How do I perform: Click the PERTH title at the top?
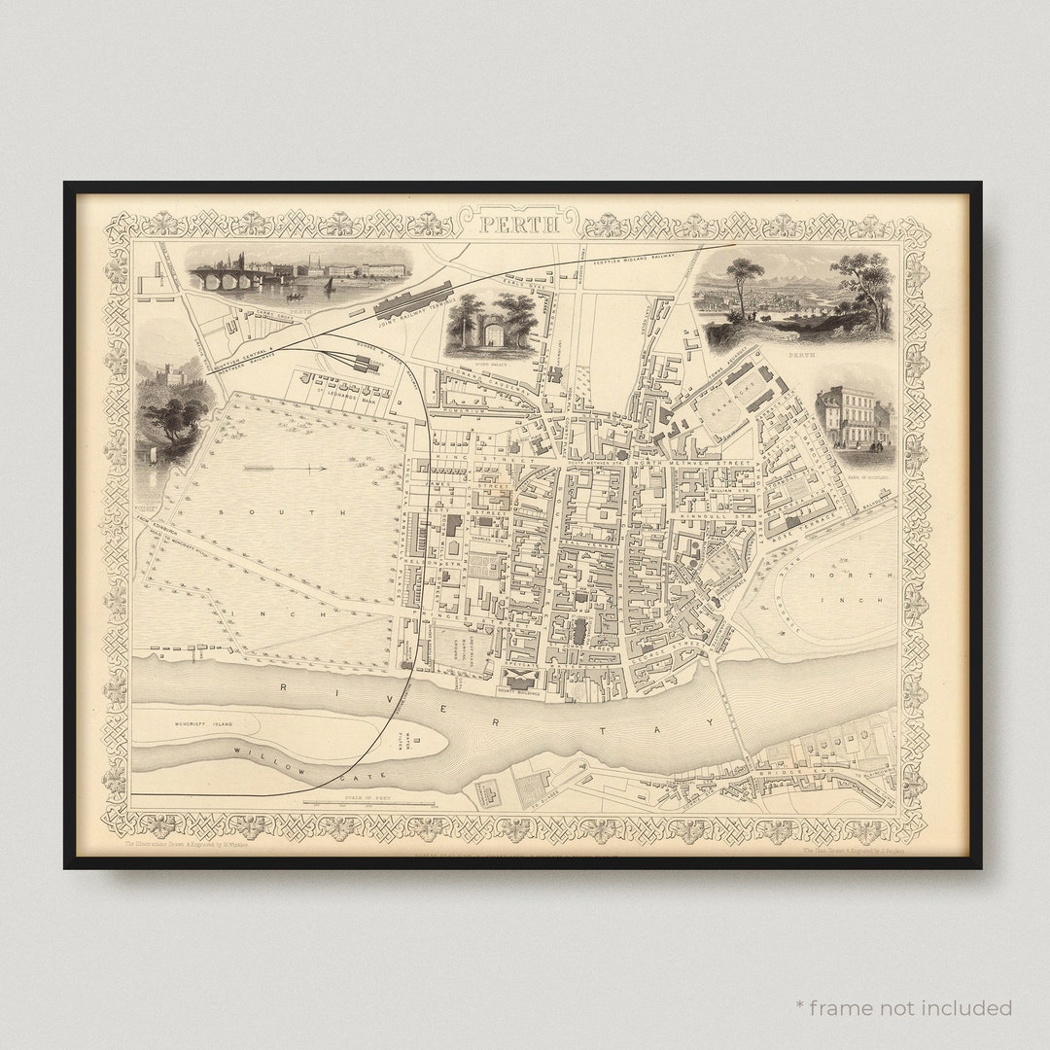click(518, 225)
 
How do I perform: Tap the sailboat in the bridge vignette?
click(329, 285)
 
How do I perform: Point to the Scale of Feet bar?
click(369, 803)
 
